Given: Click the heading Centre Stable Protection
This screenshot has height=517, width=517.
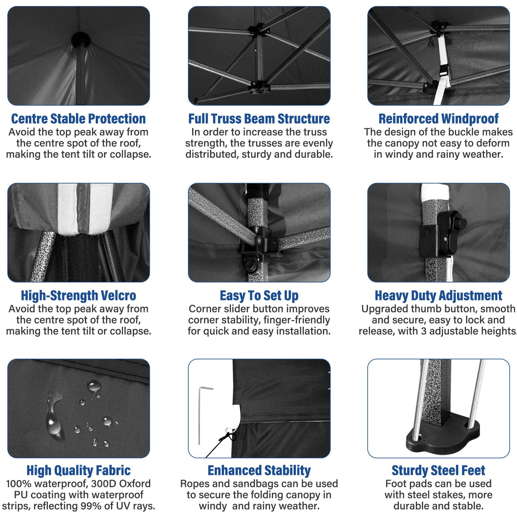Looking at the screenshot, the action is (x=79, y=119).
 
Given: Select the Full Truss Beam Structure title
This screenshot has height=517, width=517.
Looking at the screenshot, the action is (x=259, y=119).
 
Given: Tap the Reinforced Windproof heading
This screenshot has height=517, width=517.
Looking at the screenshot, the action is (x=438, y=119).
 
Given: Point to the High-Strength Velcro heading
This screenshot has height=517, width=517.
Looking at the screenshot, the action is (x=79, y=296).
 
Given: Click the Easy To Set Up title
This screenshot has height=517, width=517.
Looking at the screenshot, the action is (x=259, y=296).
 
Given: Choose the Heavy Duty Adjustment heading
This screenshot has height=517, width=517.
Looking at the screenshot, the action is (x=438, y=296).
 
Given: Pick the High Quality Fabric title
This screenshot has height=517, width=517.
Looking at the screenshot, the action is (x=79, y=470).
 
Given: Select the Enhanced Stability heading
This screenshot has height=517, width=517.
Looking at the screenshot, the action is (x=259, y=470).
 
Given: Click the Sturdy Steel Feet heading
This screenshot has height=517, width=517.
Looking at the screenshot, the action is (x=438, y=470).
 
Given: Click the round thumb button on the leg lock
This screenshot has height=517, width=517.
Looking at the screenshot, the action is (x=461, y=223).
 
